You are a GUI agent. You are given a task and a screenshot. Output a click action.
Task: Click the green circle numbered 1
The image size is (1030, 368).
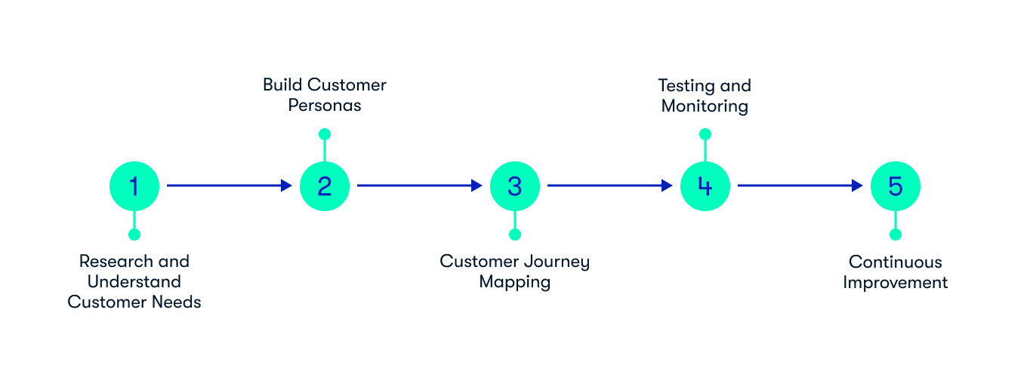134,186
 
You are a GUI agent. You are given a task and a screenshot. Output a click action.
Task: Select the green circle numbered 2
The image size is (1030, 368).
325,186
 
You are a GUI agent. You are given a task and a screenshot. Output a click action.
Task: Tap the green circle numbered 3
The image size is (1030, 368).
515,186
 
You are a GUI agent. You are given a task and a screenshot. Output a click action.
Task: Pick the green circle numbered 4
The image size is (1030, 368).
705,186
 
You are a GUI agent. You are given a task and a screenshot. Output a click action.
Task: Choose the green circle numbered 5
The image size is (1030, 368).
896,186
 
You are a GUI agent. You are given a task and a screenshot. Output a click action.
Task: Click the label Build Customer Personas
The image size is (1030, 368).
325,95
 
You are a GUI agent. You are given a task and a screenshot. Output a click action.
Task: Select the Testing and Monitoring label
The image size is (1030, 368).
705,95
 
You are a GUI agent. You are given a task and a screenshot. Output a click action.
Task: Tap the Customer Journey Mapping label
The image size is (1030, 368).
515,271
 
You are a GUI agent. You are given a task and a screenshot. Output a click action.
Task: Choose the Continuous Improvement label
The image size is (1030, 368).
896,272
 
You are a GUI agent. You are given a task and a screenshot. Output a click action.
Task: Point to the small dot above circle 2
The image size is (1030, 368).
325,134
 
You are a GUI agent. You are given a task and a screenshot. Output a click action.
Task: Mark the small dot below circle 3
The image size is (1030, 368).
515,235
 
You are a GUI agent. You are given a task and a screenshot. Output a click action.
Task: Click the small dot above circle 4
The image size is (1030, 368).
705,134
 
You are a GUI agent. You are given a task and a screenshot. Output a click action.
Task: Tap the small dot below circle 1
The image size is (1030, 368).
134,235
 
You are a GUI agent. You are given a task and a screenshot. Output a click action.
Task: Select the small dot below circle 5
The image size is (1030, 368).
896,235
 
